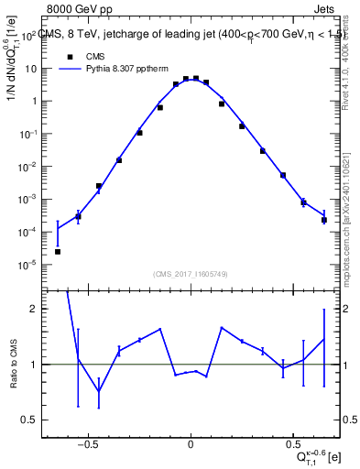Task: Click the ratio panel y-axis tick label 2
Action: (x=33, y=309)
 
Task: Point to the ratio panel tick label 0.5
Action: (x=29, y=420)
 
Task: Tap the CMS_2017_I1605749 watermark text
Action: (x=190, y=274)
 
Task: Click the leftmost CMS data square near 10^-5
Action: (x=58, y=251)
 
